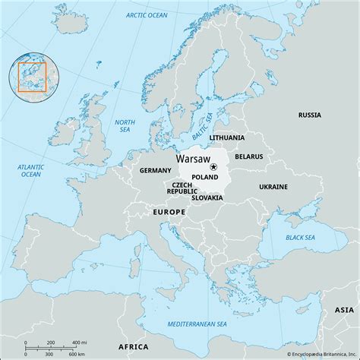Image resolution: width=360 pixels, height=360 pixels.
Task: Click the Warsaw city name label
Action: click(193, 161)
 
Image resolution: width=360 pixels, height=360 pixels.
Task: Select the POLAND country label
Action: click(205, 177)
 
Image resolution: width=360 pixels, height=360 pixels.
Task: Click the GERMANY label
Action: click(155, 172)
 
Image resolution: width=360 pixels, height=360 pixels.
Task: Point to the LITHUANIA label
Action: click(227, 137)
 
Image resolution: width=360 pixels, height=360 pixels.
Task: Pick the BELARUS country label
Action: click(249, 156)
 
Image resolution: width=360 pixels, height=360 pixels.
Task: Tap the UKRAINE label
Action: click(273, 186)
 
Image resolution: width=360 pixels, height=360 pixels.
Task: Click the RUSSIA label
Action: click(310, 115)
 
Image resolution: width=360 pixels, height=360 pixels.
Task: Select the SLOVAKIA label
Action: click(207, 198)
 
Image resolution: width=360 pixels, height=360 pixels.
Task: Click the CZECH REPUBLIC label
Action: click(182, 188)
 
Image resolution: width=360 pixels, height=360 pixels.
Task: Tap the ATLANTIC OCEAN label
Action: click(30, 169)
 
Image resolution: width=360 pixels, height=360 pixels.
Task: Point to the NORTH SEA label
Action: click(125, 126)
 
